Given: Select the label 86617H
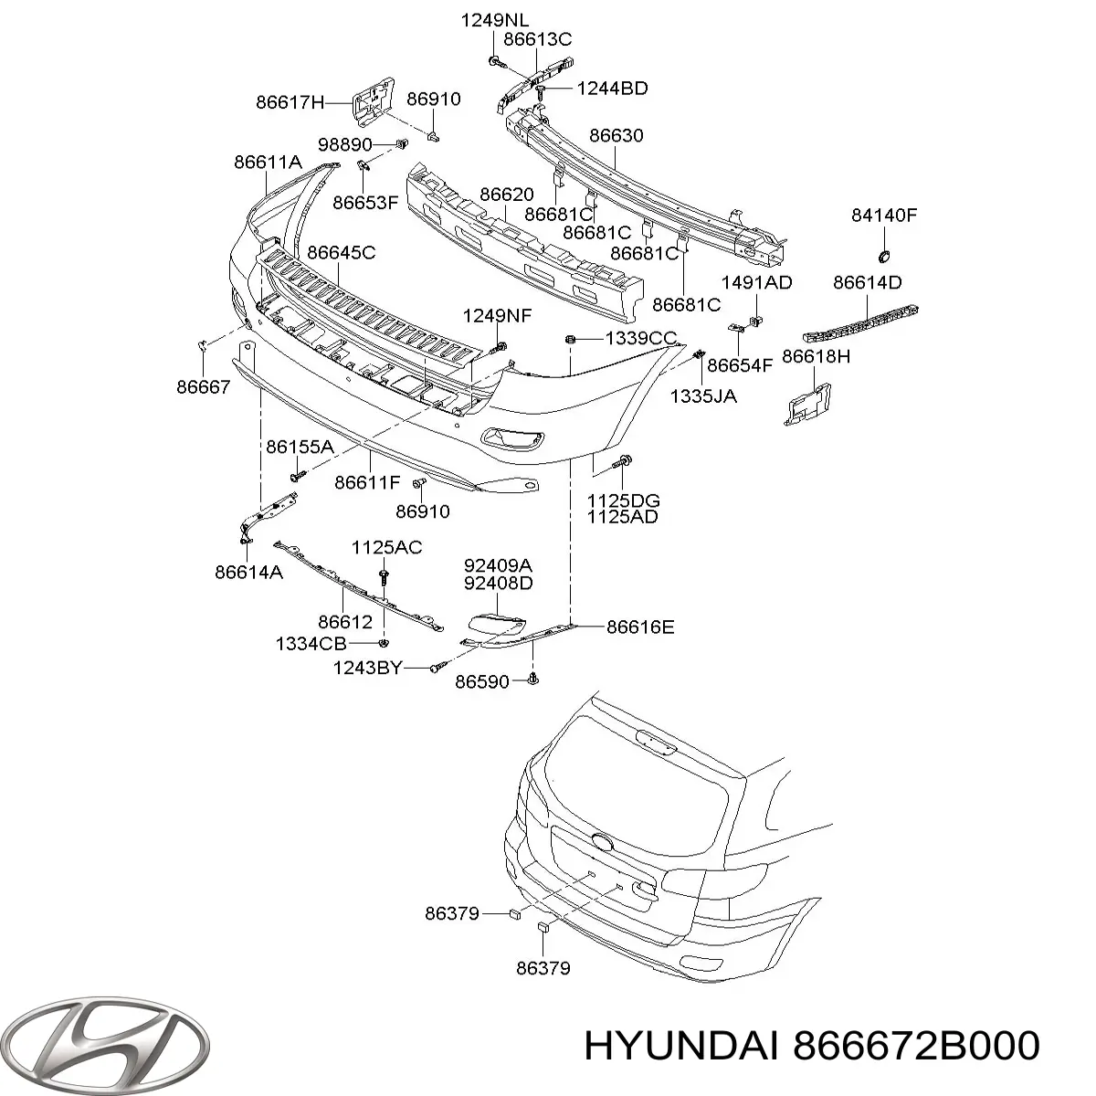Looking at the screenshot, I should click(x=290, y=103).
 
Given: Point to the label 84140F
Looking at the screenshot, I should click(x=883, y=216).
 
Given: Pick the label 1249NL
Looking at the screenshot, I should click(x=494, y=20).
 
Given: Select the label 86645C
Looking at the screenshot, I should click(x=341, y=252).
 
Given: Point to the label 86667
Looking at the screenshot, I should click(x=204, y=386).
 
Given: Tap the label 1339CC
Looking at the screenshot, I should click(x=641, y=339).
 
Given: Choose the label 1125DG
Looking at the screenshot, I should click(x=624, y=501).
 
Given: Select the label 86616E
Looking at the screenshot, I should click(x=640, y=627).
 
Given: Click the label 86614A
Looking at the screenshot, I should click(x=248, y=573).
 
